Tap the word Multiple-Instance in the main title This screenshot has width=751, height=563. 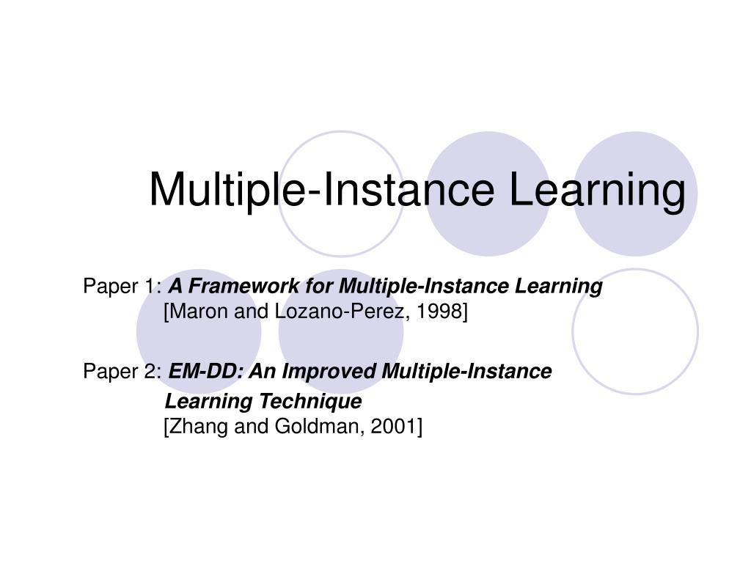click(322, 190)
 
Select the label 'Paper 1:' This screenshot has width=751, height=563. click(122, 286)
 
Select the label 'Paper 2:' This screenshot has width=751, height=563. click(122, 372)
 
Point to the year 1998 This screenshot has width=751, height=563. click(441, 312)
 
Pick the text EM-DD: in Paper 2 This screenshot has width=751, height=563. click(207, 372)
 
